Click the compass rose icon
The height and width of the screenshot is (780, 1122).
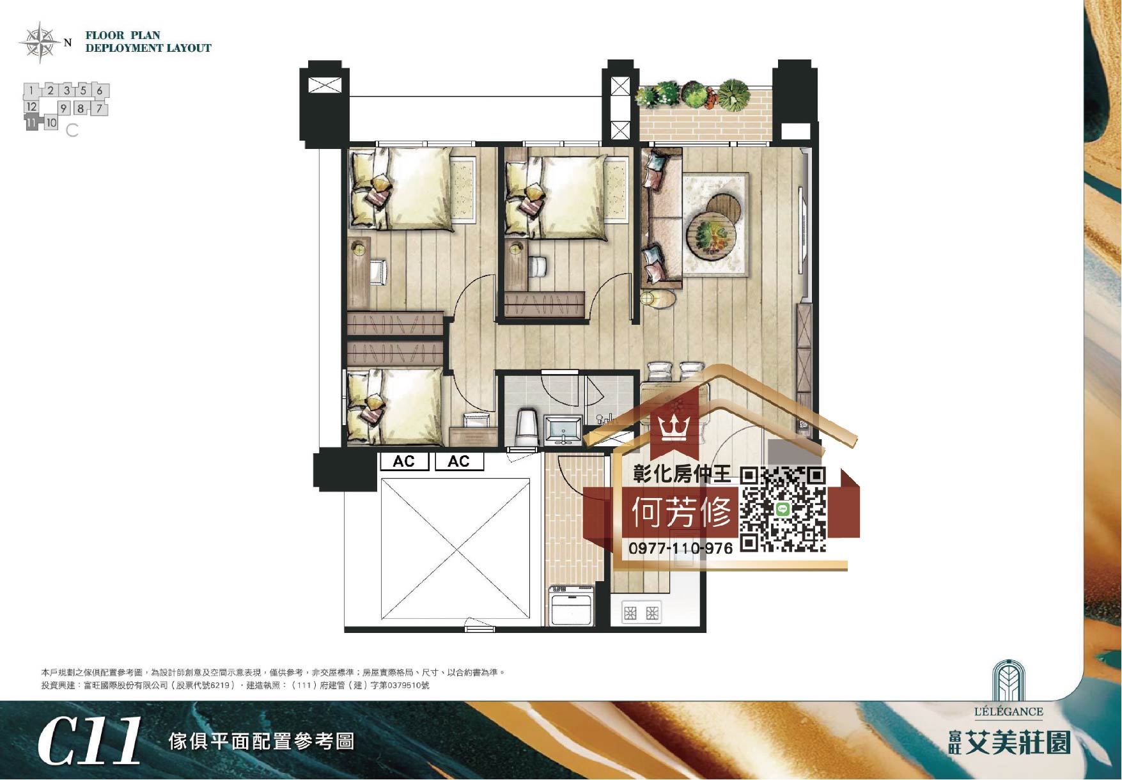[x=40, y=42]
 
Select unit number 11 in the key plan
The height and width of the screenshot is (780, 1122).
[x=31, y=123]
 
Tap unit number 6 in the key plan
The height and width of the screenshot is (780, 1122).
[x=100, y=90]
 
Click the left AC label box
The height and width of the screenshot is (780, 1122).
[x=404, y=462]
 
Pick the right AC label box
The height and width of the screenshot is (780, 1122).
[x=459, y=462]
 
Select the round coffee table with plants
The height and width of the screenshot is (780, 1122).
[x=711, y=234]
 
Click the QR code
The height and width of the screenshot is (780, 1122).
[x=783, y=510]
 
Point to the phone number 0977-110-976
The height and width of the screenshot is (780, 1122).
[x=681, y=548]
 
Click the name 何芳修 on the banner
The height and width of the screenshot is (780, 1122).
[x=682, y=511]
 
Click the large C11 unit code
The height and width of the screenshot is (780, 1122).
[x=90, y=741]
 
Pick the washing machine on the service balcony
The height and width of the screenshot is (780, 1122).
[x=572, y=605]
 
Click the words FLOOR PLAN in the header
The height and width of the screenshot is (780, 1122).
[x=123, y=35]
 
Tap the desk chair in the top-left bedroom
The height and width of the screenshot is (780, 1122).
[x=378, y=272]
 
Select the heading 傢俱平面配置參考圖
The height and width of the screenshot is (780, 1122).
[x=261, y=742]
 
